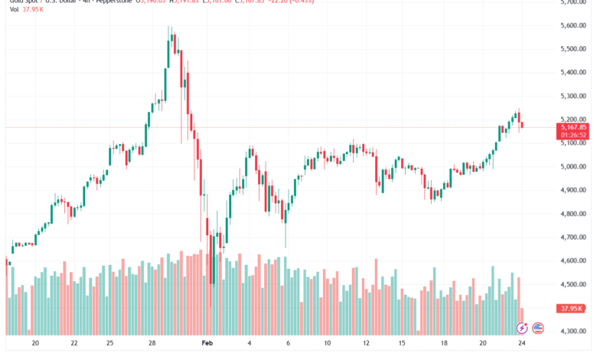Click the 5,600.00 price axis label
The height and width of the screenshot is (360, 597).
point(573,25)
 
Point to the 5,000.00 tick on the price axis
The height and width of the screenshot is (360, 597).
point(573,166)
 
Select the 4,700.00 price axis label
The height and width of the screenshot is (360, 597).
point(573,237)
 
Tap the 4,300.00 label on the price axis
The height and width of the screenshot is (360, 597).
point(573,331)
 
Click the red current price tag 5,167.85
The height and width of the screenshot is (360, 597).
point(573,128)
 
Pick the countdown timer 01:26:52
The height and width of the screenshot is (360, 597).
point(573,135)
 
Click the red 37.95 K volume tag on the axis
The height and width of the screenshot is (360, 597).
point(573,308)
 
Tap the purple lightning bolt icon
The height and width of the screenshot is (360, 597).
point(523,329)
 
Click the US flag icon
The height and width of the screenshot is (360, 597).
point(538,329)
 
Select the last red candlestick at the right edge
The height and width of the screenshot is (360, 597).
point(522,124)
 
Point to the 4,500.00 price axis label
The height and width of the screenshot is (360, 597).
point(573,284)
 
